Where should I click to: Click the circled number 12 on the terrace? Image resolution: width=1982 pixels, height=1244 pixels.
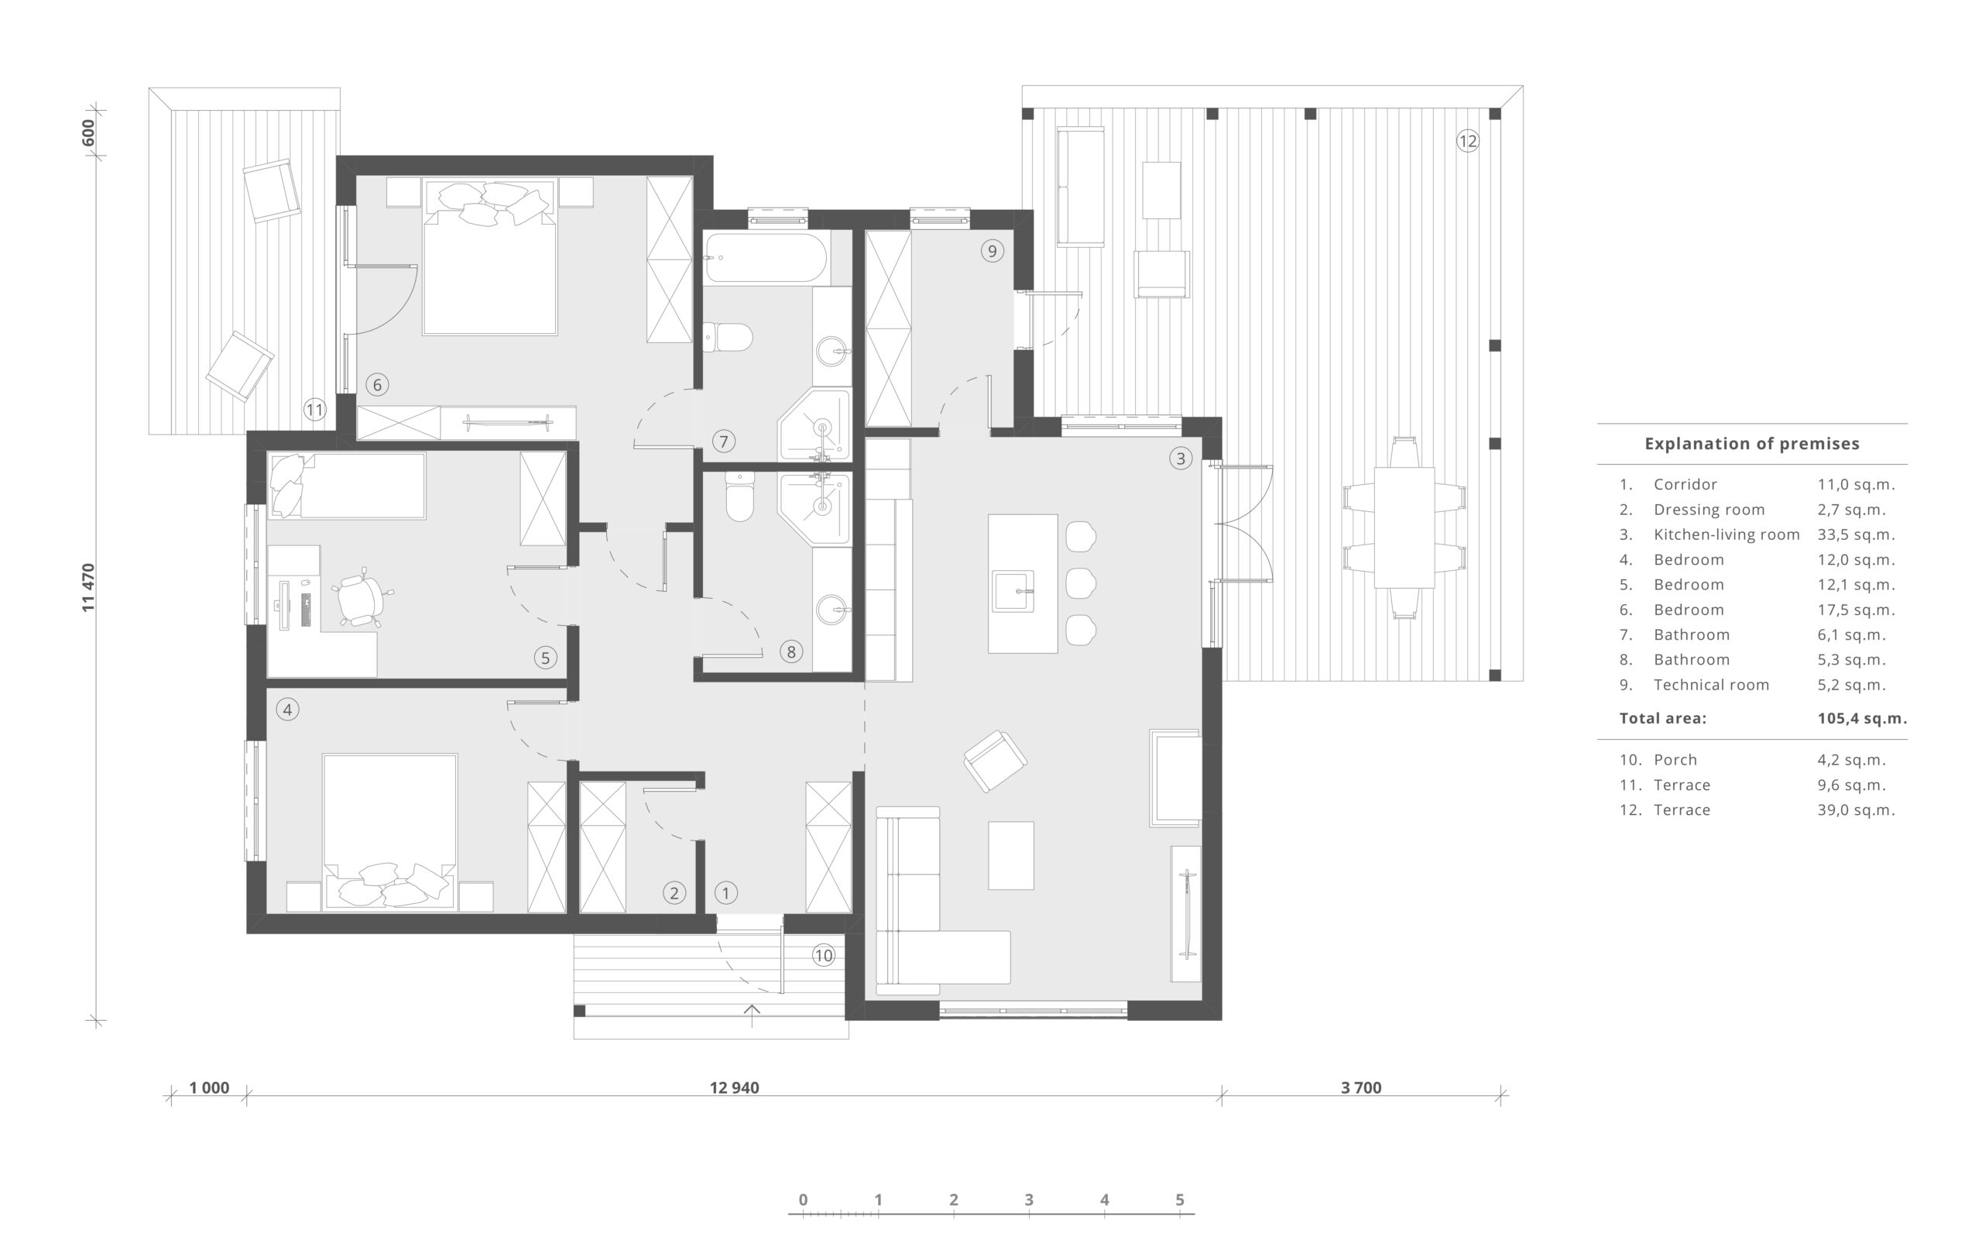[1467, 141]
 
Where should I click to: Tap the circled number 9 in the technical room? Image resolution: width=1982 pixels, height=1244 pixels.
[992, 251]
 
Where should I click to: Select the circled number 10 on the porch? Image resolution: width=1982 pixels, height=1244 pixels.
[823, 955]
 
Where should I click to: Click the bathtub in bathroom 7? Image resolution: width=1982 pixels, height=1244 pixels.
[766, 257]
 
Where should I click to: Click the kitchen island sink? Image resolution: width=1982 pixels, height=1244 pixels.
[1013, 592]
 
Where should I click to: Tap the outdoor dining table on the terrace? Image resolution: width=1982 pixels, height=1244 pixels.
[1404, 527]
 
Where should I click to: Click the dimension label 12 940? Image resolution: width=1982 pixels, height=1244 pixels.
[735, 1088]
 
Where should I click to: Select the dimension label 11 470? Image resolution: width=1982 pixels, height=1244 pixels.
[89, 587]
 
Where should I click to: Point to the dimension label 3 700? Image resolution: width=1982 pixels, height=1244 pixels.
[1361, 1088]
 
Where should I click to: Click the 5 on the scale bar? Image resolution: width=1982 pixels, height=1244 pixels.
[1179, 1200]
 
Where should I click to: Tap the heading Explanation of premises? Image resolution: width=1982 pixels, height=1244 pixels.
[1752, 444]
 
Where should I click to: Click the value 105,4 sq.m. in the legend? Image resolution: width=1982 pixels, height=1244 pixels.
[1862, 718]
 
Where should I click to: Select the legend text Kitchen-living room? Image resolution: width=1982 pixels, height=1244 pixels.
[1727, 534]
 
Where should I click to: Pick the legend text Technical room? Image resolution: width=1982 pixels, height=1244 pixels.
[1710, 685]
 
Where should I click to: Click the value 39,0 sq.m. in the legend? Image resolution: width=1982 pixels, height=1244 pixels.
[1856, 809]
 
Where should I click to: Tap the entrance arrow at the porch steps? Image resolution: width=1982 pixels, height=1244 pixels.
[752, 1015]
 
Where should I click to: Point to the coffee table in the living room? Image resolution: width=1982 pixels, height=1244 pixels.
[1010, 855]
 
